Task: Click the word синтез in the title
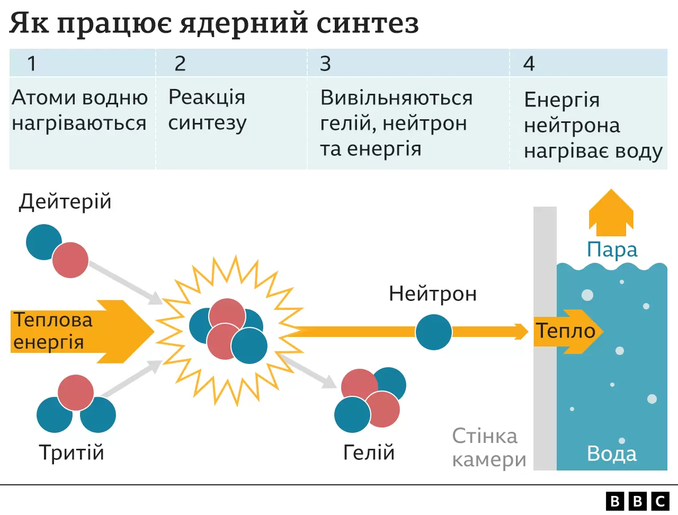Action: click(367, 23)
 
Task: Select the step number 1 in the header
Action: click(32, 64)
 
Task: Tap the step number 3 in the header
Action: click(325, 64)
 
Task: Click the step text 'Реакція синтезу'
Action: click(207, 110)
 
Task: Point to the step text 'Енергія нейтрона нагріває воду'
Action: click(592, 126)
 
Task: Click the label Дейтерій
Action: click(65, 202)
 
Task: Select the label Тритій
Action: click(72, 453)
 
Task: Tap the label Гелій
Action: click(369, 453)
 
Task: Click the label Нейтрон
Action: click(433, 294)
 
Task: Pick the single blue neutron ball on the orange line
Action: click(433, 332)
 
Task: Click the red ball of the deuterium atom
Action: click(70, 260)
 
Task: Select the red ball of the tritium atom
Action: click(76, 393)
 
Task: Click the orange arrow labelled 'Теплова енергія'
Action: click(79, 332)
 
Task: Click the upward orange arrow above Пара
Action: click(611, 214)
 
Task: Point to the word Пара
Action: click(612, 250)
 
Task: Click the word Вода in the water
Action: click(612, 454)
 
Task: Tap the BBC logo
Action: click(638, 501)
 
